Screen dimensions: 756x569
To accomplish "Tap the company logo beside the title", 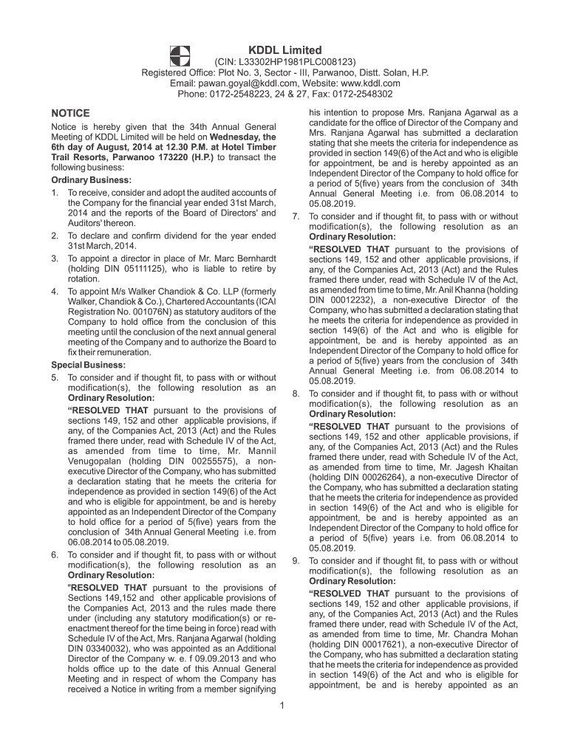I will (x=180, y=55).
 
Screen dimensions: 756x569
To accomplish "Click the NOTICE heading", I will (x=70, y=113).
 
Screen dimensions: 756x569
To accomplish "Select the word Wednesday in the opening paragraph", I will (x=231, y=137).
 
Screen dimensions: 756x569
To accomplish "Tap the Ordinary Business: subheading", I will (x=91, y=180).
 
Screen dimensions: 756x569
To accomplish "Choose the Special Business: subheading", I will (x=88, y=365).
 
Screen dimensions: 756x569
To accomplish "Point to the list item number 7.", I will (x=296, y=217).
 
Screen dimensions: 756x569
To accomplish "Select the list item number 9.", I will (x=296, y=560).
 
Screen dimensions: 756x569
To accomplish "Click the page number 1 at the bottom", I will (x=283, y=706).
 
